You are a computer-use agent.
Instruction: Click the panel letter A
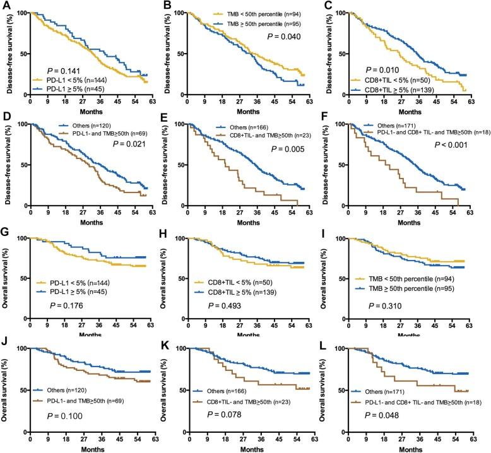6,6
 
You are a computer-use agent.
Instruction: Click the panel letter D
6,117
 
